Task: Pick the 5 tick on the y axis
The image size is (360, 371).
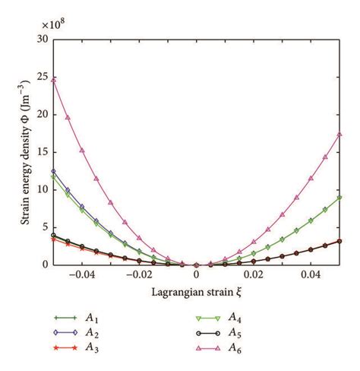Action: click(x=44, y=227)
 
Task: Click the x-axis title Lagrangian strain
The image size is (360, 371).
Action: click(x=196, y=292)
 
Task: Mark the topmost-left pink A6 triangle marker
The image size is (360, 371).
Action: click(x=53, y=79)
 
